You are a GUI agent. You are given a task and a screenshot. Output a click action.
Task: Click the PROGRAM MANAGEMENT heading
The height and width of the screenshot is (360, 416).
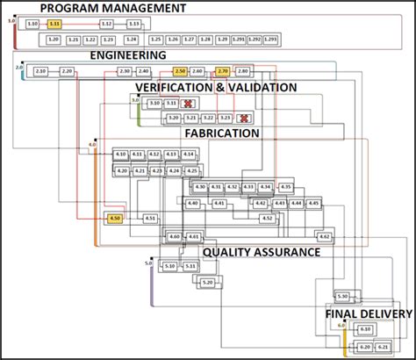click(x=113, y=8)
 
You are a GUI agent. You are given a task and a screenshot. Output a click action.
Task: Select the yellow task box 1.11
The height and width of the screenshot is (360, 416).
click(x=54, y=24)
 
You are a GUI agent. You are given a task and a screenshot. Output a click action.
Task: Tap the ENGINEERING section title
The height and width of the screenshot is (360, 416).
click(x=128, y=54)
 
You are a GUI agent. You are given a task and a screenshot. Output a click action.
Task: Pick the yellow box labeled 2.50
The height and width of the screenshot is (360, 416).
click(x=180, y=70)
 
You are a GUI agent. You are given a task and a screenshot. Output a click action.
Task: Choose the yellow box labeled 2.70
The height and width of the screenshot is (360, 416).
click(x=222, y=70)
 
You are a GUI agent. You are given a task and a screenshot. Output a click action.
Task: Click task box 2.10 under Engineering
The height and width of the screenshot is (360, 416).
click(x=41, y=70)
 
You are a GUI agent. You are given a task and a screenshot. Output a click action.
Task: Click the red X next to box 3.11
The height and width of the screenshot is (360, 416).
click(x=187, y=104)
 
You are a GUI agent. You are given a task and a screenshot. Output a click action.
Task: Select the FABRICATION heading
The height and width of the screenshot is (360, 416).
click(x=221, y=133)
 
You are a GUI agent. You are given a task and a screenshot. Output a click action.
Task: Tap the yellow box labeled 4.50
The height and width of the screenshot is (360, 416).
click(x=115, y=218)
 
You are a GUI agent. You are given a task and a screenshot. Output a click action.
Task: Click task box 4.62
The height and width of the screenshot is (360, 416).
click(x=324, y=236)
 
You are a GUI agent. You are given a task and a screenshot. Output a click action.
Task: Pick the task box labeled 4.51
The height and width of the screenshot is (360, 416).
click(x=150, y=218)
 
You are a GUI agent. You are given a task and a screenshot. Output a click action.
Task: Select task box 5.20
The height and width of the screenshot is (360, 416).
click(x=207, y=282)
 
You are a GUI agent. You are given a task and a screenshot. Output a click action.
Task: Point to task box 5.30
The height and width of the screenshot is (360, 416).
click(x=341, y=297)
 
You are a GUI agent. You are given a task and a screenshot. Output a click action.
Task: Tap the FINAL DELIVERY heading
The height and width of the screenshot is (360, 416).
click(x=369, y=313)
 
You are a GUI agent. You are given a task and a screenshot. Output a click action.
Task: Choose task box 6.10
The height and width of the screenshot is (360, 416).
click(x=365, y=329)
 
